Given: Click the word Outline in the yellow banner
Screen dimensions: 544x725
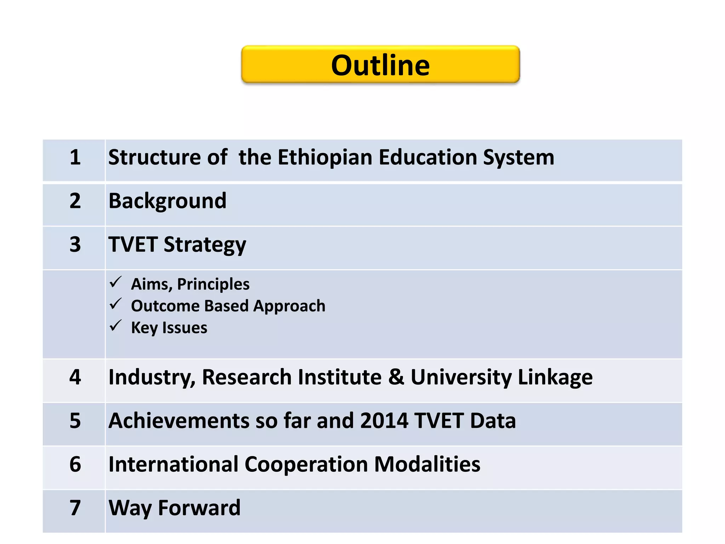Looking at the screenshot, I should click(x=380, y=66).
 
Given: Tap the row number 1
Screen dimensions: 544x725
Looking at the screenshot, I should click(x=75, y=157).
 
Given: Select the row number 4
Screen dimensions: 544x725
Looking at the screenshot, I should click(x=75, y=377).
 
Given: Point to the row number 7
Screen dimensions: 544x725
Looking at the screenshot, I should click(x=75, y=508).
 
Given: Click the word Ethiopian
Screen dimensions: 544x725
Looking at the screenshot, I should click(x=325, y=158).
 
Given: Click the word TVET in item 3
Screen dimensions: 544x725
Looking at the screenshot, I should click(x=133, y=244).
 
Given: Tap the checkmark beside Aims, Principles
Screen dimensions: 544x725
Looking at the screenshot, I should click(x=116, y=282).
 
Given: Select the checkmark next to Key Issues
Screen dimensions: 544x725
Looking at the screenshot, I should click(x=116, y=326).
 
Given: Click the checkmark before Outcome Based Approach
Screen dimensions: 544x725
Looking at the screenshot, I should click(x=116, y=304).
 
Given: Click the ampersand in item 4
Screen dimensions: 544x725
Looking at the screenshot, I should click(x=396, y=377).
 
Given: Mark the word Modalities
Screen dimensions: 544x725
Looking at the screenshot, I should click(x=427, y=464).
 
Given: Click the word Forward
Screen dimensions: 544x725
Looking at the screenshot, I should click(x=199, y=508).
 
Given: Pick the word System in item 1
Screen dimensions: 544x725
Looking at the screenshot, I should click(x=519, y=158).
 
